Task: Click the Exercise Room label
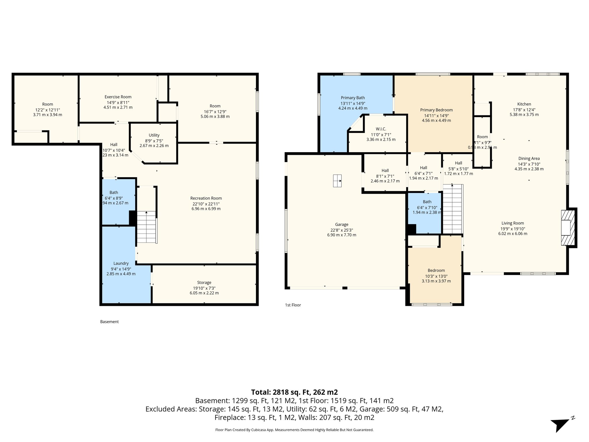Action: tap(118, 97)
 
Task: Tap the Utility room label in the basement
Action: tap(154, 135)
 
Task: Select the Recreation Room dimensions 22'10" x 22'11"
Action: tap(206, 204)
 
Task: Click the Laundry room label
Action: tap(121, 263)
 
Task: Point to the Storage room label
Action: tap(204, 283)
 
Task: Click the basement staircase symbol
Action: tap(147, 227)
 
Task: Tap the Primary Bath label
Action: tap(353, 98)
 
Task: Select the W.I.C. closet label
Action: tap(381, 129)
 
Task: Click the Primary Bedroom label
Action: tap(436, 110)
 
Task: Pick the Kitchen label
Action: tap(524, 104)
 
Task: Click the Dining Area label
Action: tap(529, 159)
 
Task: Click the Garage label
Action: tap(342, 224)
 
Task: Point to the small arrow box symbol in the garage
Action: tap(337, 181)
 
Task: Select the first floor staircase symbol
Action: tap(452, 209)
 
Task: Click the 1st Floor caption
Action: tap(293, 305)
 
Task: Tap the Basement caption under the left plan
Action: tap(109, 322)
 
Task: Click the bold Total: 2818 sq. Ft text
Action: tap(294, 392)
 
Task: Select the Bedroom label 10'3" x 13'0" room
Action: tap(436, 270)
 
